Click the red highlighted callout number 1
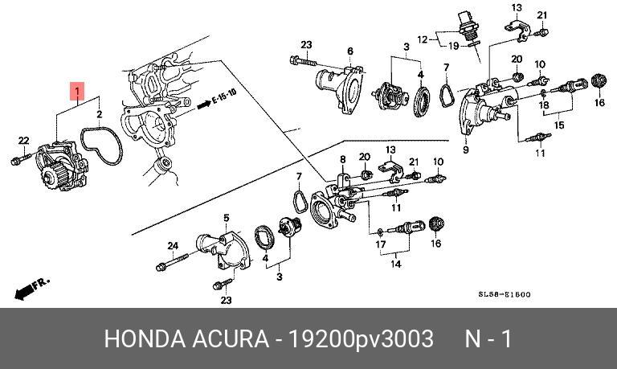pyautogui.click(x=77, y=91)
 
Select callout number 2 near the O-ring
pyautogui.click(x=100, y=115)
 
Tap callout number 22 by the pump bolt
pyautogui.click(x=23, y=141)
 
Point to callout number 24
pyautogui.click(x=172, y=245)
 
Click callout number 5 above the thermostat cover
pyautogui.click(x=226, y=218)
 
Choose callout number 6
pyautogui.click(x=350, y=51)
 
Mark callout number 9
pyautogui.click(x=466, y=150)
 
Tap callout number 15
pyautogui.click(x=559, y=125)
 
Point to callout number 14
pyautogui.click(x=396, y=262)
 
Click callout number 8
pyautogui.click(x=341, y=159)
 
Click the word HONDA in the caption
pyautogui.click(x=144, y=338)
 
